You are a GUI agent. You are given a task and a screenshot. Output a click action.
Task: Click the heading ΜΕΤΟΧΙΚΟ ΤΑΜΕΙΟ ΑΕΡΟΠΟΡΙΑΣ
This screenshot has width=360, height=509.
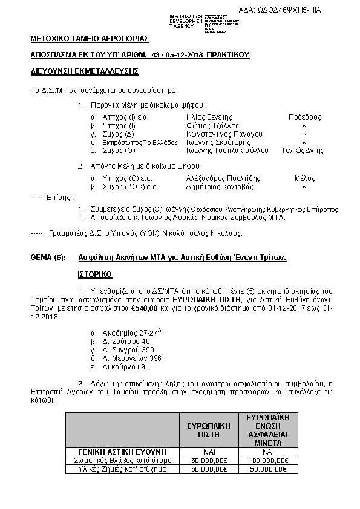click(x=90, y=39)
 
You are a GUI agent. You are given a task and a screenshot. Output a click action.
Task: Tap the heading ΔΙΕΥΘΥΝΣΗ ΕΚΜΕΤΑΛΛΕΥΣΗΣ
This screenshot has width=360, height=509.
click(x=85, y=71)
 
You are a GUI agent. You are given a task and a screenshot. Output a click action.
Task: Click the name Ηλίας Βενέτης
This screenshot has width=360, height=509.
click(x=210, y=117)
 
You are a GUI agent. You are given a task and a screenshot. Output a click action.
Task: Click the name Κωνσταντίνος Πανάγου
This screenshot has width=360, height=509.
click(x=224, y=134)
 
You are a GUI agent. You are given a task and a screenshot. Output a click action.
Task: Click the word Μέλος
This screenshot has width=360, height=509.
click(x=304, y=178)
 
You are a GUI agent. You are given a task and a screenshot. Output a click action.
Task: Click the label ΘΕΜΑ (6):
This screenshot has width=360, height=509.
click(x=48, y=257)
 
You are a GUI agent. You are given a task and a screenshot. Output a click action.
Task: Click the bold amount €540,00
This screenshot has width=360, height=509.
click(x=145, y=308)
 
